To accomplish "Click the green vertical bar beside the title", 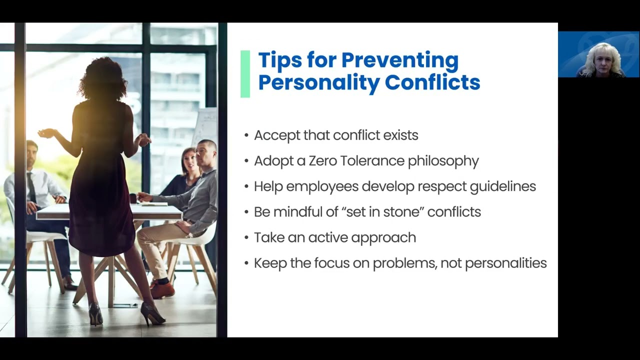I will [x=245, y=73].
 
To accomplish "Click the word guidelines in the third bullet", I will [x=502, y=186].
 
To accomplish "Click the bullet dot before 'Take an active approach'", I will [x=246, y=238].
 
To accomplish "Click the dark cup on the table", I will [x=133, y=198].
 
